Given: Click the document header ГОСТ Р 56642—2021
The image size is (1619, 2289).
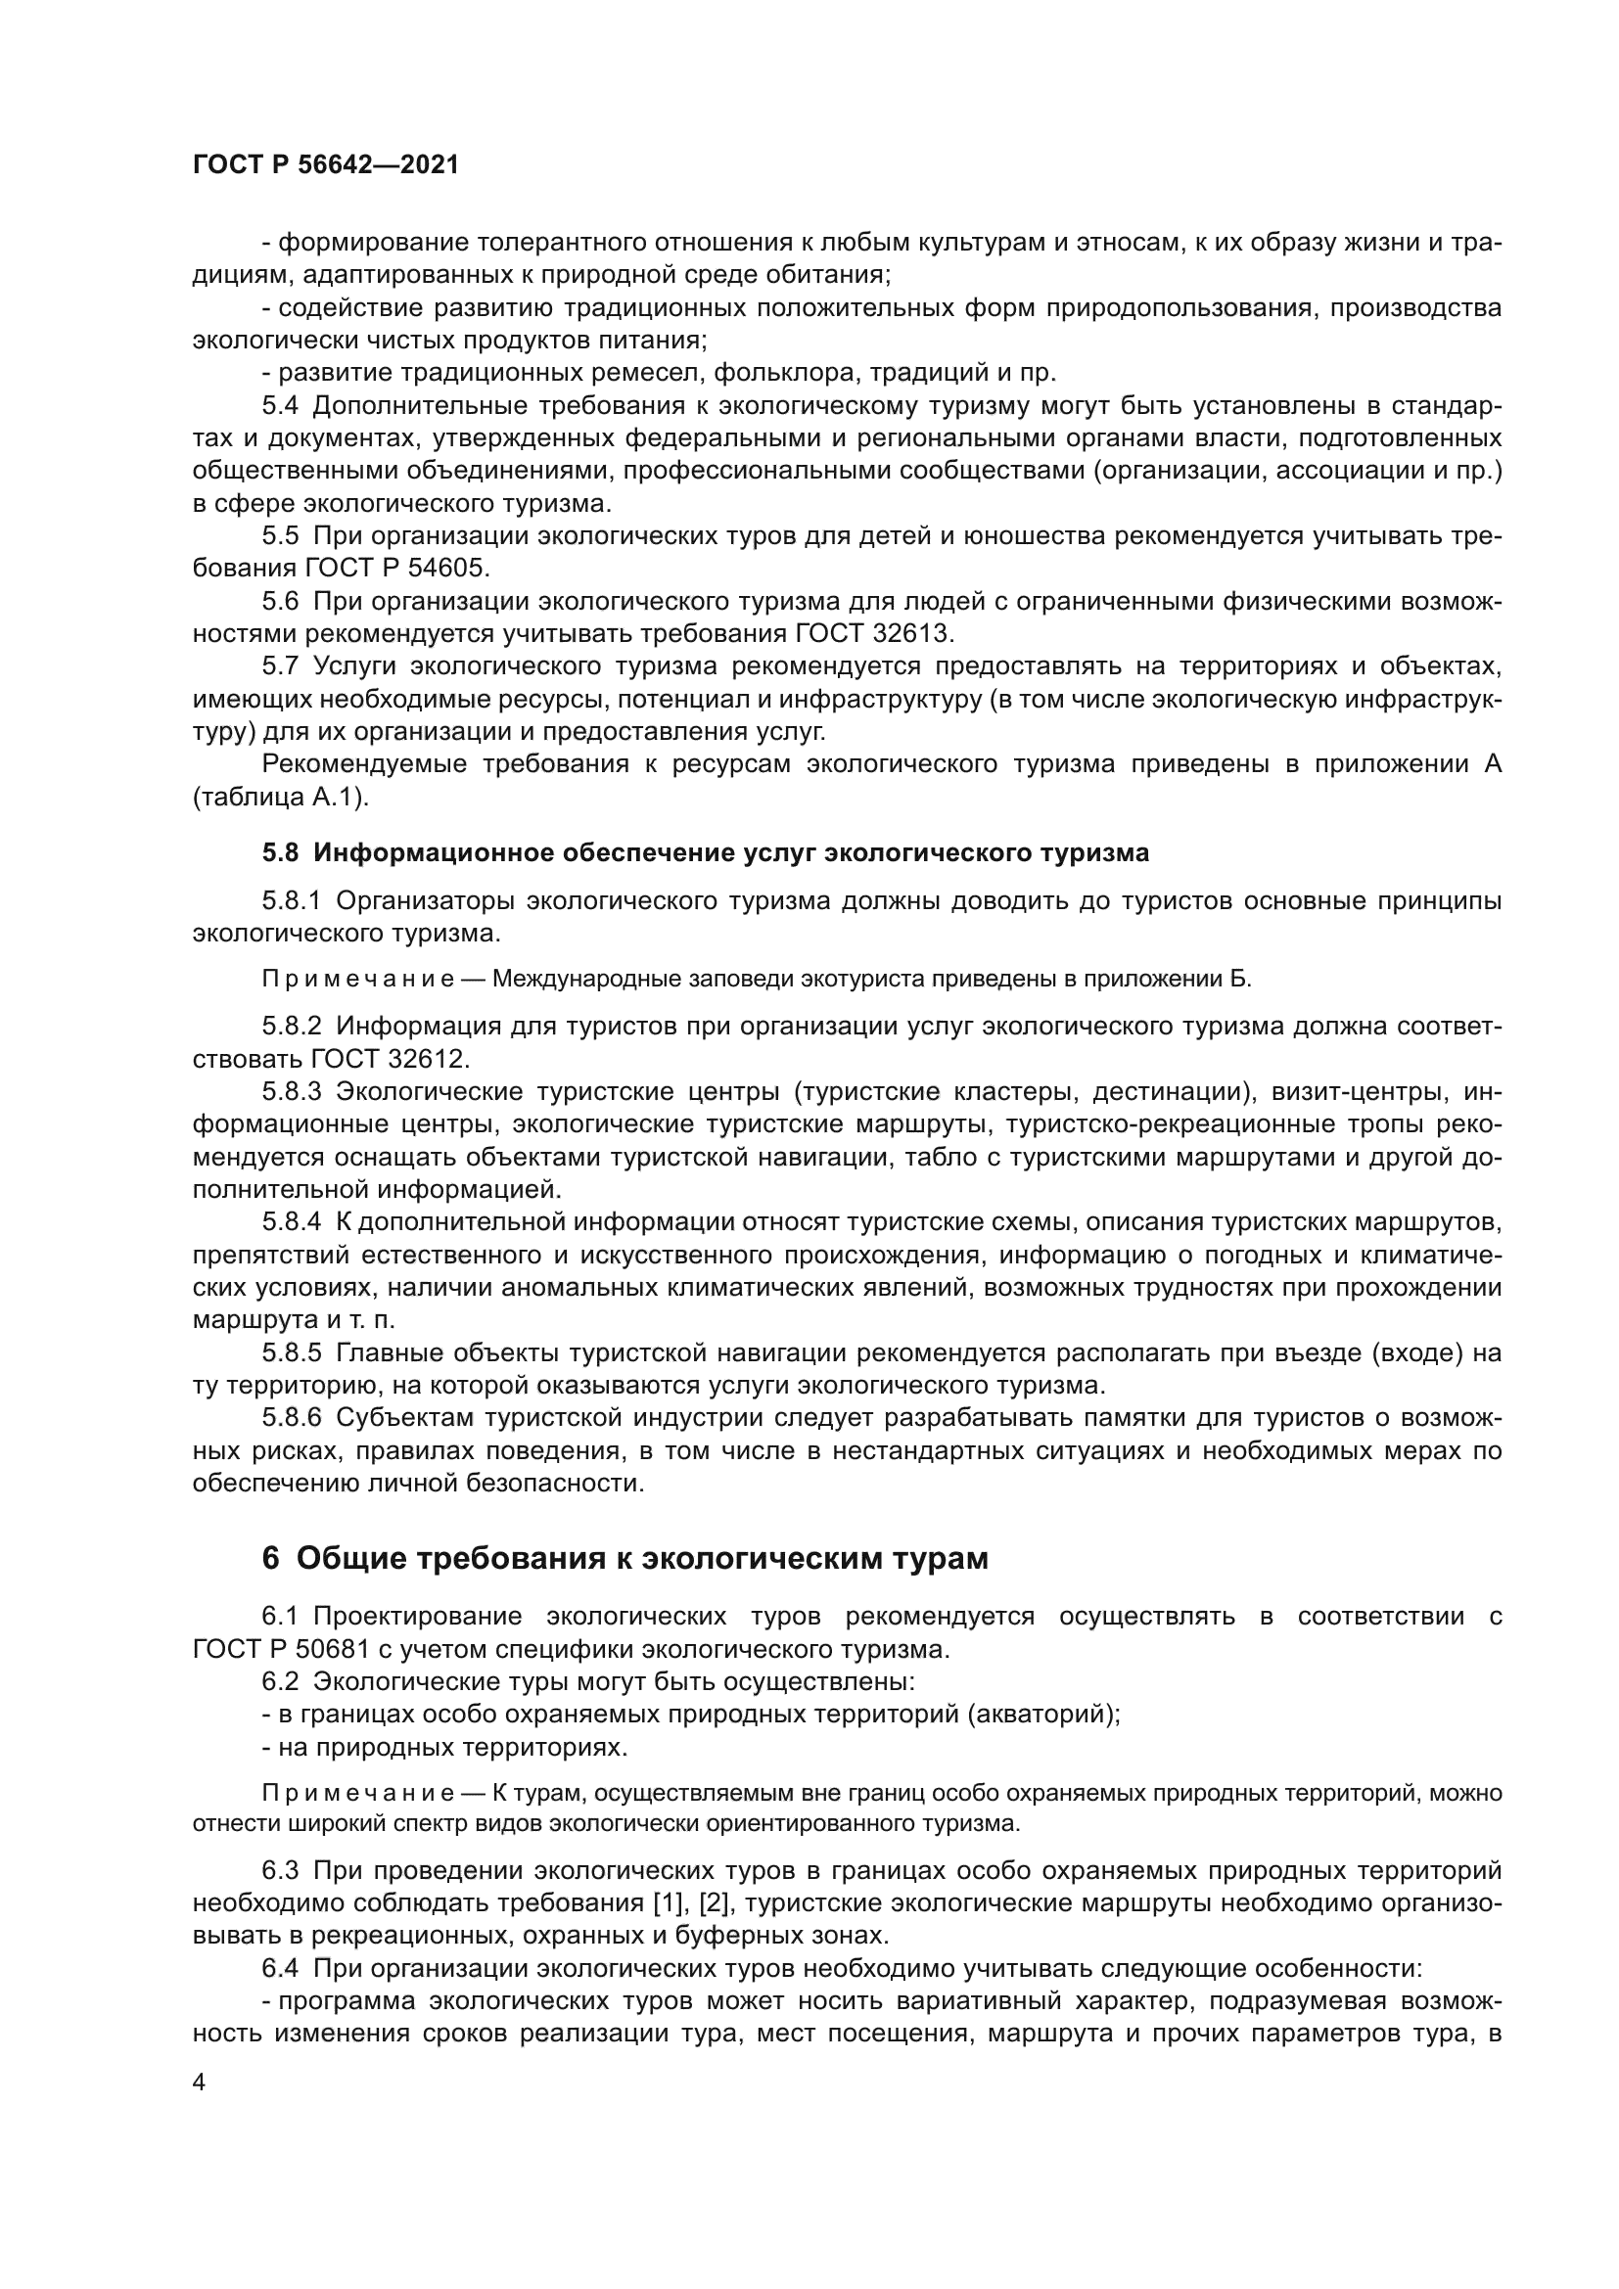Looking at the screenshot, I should pos(326,164).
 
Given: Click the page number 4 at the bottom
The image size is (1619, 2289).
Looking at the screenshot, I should pos(199,2083).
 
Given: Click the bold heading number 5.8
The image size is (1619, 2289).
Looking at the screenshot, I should pos(280,852).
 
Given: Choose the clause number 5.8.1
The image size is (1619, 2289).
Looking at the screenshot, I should pos(291,900).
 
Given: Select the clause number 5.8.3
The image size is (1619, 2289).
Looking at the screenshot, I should pos(291,1092).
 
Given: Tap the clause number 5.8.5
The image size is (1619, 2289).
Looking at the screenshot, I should pos(291,1352).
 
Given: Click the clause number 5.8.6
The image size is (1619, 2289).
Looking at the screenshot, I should pos(291,1418).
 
